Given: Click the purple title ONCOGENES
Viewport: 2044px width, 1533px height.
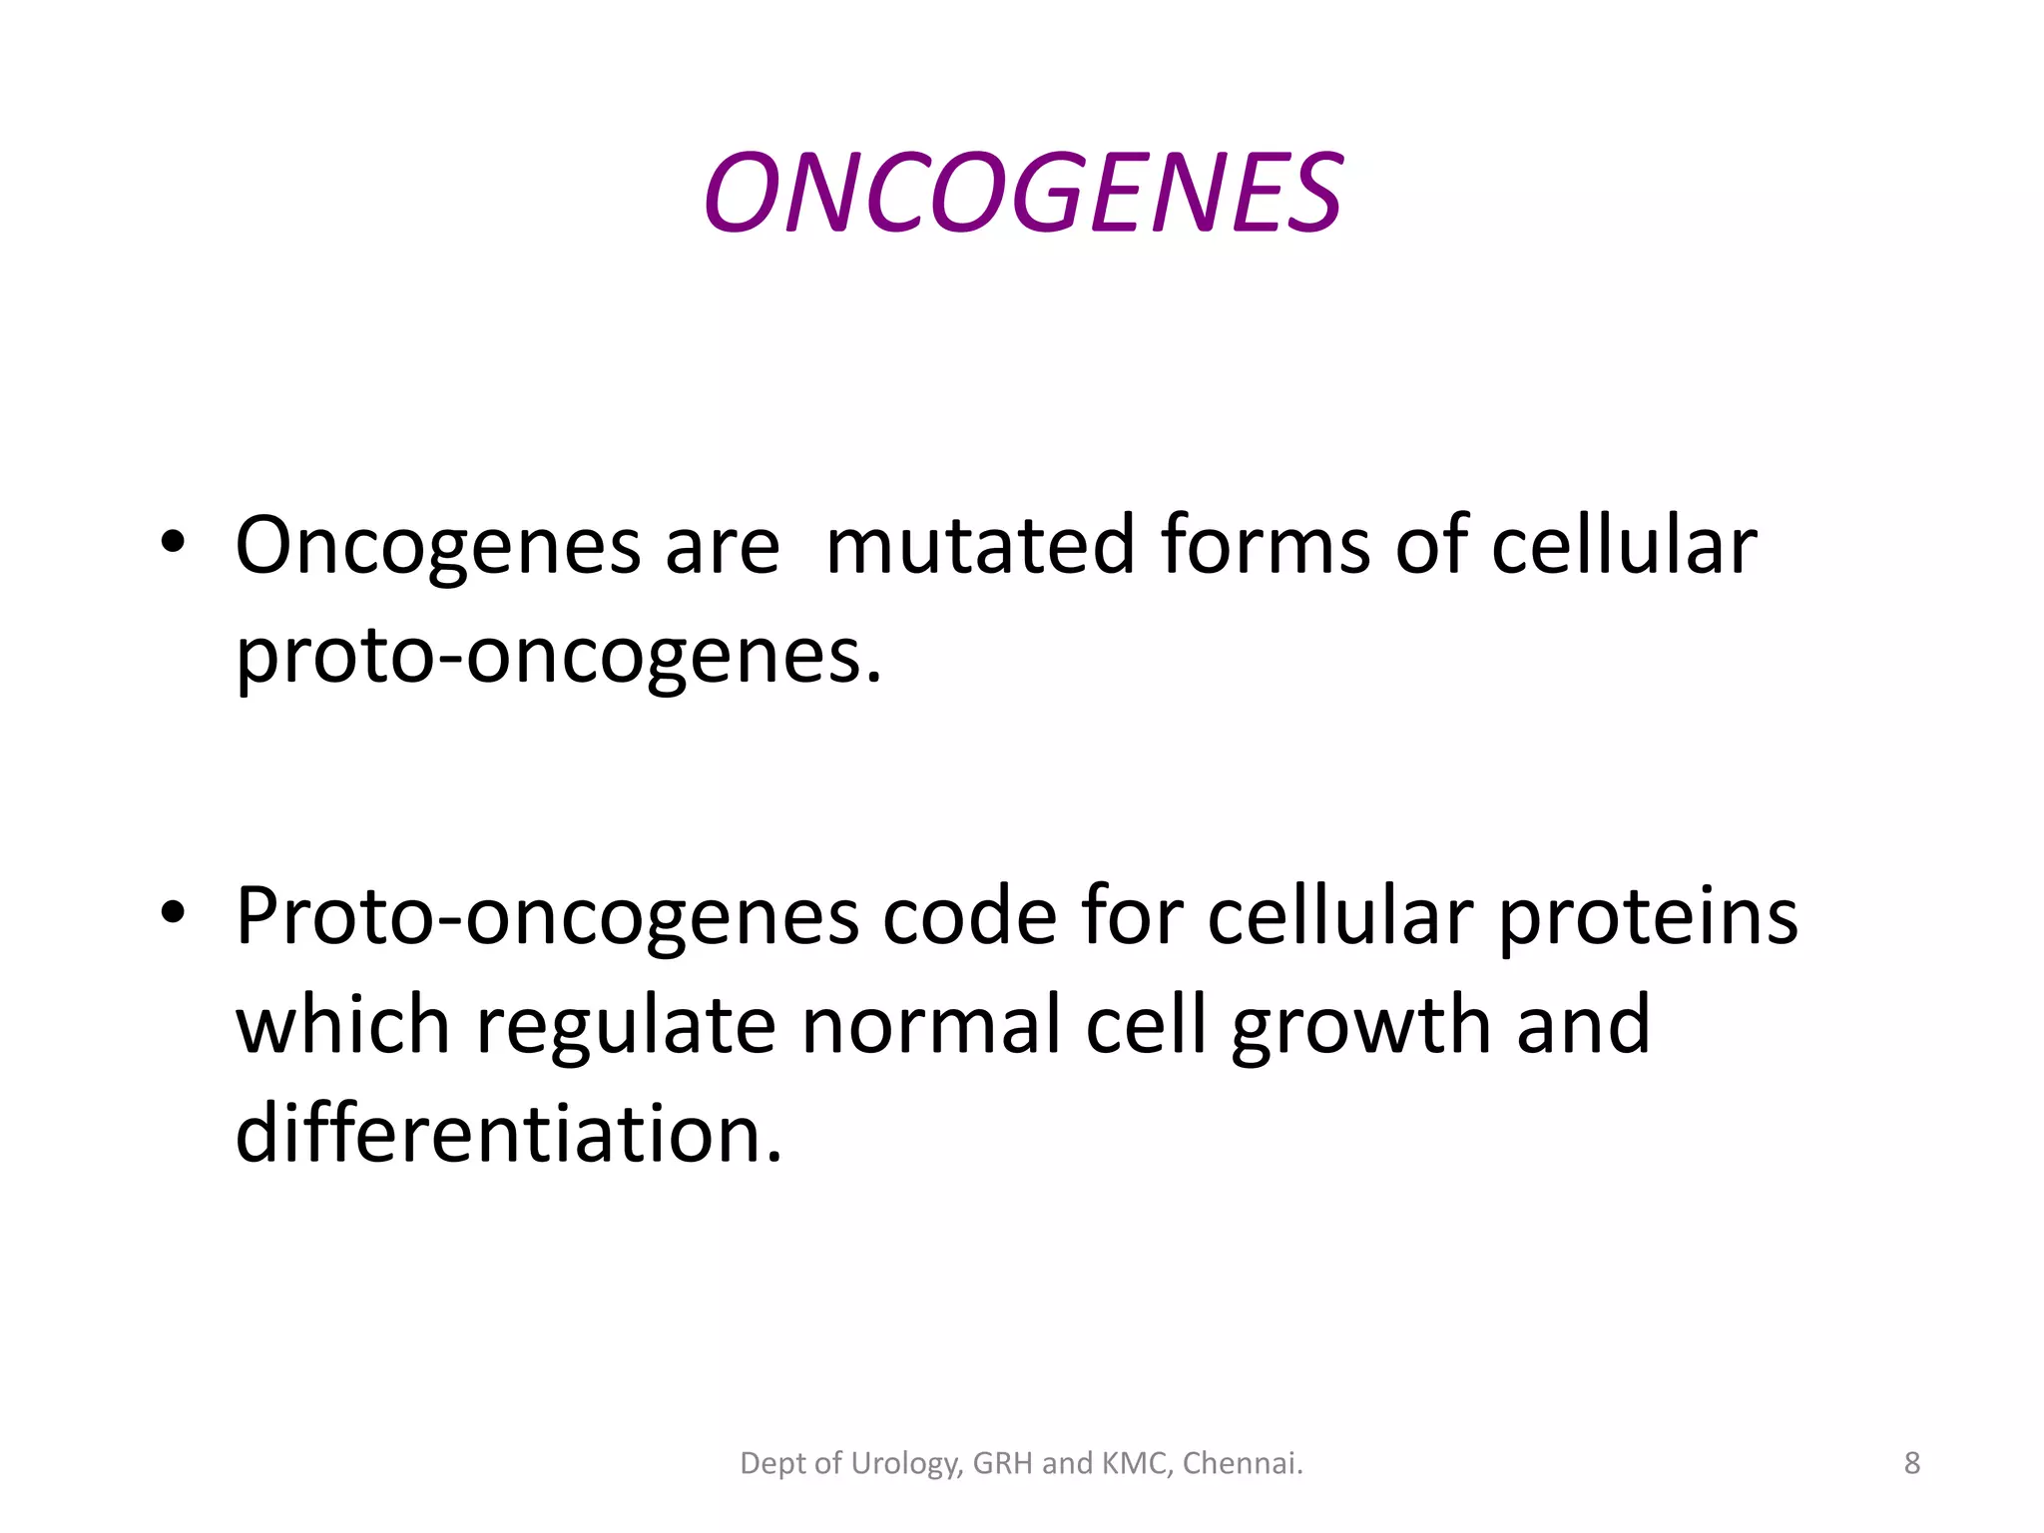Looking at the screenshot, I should pyautogui.click(x=1022, y=193).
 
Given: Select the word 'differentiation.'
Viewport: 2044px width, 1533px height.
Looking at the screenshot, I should pyautogui.click(x=509, y=1135).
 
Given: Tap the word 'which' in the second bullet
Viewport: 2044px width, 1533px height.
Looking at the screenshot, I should pyautogui.click(x=342, y=1026).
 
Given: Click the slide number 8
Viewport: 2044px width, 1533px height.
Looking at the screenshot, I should pyautogui.click(x=1911, y=1463).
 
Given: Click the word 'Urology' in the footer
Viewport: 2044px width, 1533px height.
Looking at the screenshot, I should pyautogui.click(x=905, y=1464).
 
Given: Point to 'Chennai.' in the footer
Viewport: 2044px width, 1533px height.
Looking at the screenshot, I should pyautogui.click(x=1243, y=1463).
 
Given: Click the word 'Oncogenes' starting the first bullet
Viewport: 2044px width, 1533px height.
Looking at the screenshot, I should pyautogui.click(x=437, y=547).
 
